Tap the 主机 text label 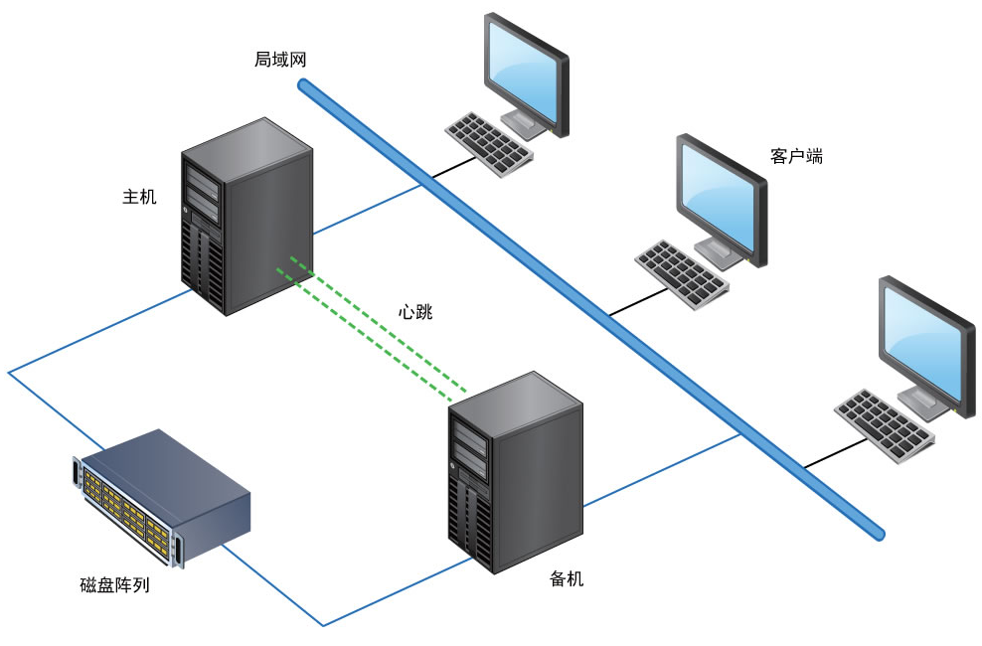[x=139, y=196]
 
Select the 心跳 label [x=415, y=311]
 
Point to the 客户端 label [x=795, y=156]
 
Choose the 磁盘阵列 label [x=114, y=585]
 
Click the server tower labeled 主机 [x=246, y=219]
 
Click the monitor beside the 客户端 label [x=722, y=199]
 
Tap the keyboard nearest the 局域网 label [x=490, y=143]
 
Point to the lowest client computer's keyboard [x=883, y=423]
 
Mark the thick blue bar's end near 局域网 [x=303, y=85]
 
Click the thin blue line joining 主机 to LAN [x=368, y=209]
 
